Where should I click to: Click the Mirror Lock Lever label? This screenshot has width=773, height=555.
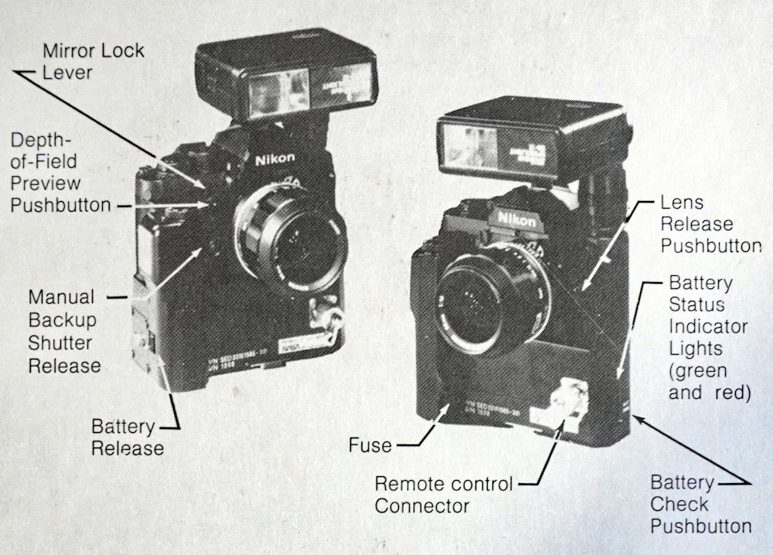coord(93,62)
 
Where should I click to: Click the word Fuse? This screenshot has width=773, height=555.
coord(369,445)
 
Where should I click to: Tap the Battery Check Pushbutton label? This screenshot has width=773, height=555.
coord(700,504)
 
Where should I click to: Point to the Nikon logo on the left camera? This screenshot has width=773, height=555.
coord(274,159)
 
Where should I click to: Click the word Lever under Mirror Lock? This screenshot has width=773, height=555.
coord(67,73)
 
